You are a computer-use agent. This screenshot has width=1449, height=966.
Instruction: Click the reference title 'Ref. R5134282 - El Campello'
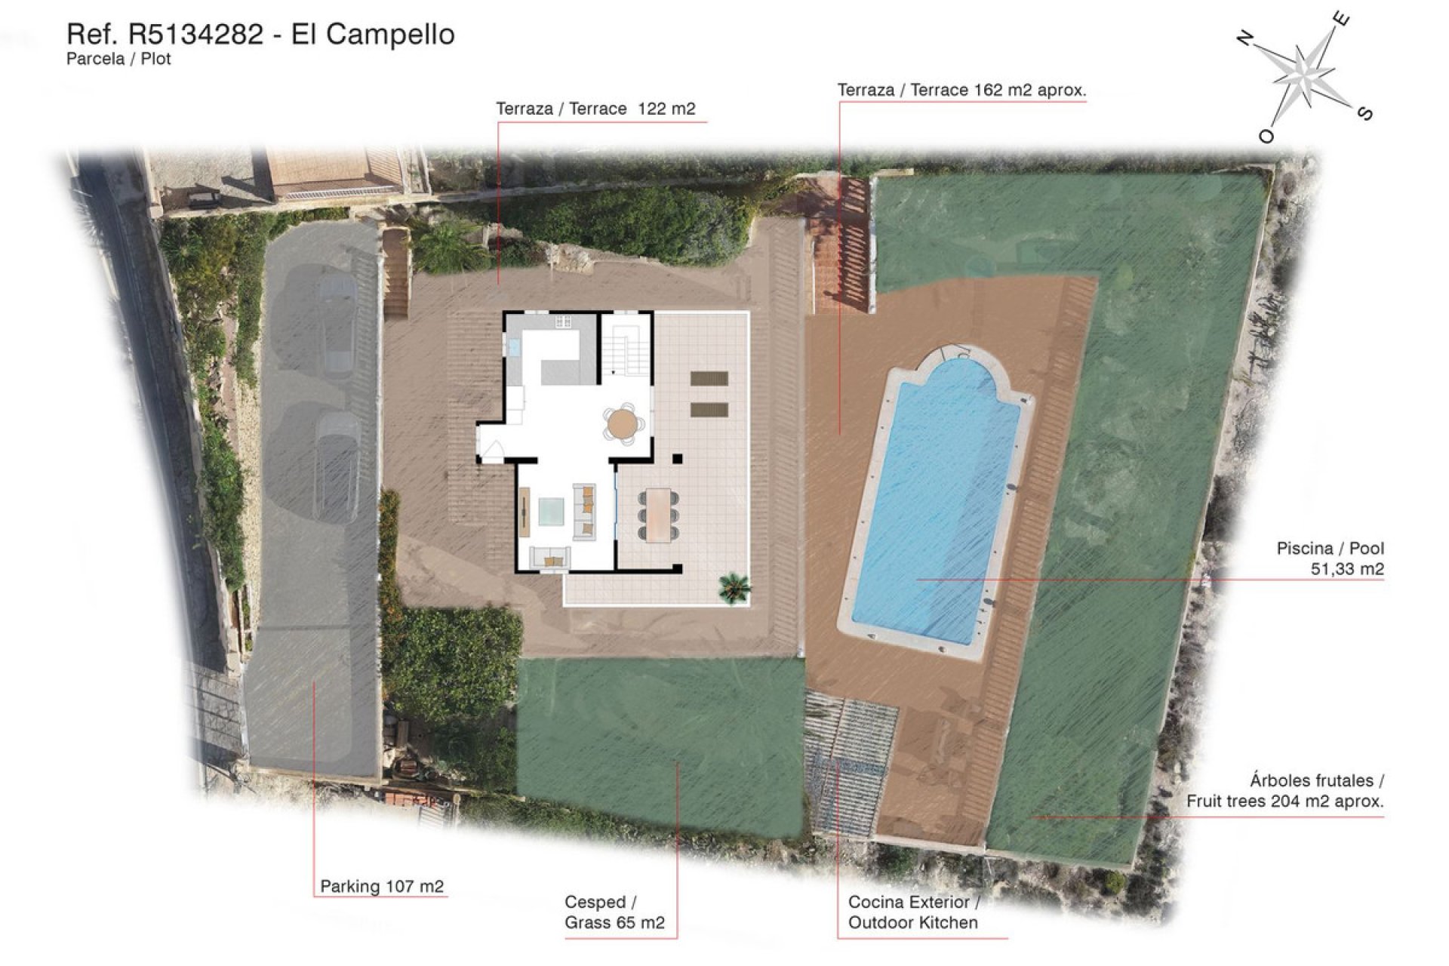click(260, 34)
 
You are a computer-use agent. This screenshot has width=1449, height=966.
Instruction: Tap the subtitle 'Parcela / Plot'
click(118, 59)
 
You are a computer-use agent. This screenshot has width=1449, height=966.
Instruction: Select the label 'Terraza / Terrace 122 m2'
click(595, 109)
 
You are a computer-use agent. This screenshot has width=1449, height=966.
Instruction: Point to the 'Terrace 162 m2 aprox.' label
click(961, 90)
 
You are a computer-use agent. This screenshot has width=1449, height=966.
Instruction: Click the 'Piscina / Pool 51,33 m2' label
click(1330, 558)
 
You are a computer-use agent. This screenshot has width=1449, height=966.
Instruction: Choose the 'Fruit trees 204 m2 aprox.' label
click(1284, 791)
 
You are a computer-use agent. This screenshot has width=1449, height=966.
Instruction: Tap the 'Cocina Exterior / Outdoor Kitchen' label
click(913, 912)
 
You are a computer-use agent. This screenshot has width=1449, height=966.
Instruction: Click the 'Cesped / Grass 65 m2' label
click(614, 912)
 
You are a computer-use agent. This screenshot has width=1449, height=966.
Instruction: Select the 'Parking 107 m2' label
click(382, 886)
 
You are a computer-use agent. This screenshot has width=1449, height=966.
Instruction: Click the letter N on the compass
click(1245, 38)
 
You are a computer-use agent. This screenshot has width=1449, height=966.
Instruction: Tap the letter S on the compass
click(1364, 113)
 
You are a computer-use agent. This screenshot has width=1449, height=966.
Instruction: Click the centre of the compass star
click(1304, 74)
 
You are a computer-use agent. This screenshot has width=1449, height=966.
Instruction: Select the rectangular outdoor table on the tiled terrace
click(658, 514)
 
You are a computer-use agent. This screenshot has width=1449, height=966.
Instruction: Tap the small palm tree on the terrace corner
click(734, 586)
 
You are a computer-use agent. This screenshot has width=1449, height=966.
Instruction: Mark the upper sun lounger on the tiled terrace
click(709, 378)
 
